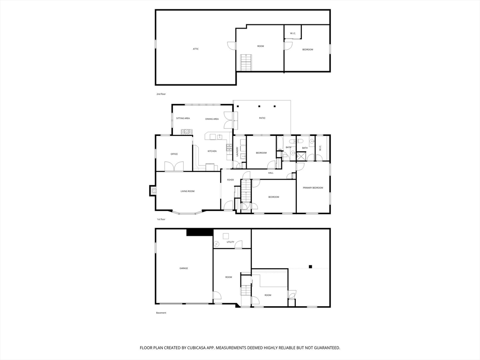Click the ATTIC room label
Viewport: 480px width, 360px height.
pyautogui.click(x=195, y=49)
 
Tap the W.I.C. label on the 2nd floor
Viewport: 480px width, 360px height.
pyautogui.click(x=292, y=33)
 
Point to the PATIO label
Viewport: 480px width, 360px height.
pyautogui.click(x=262, y=118)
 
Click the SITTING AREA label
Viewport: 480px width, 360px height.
pyautogui.click(x=183, y=118)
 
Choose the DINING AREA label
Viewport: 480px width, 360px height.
pyautogui.click(x=212, y=119)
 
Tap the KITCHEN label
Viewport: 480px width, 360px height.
pyautogui.click(x=212, y=151)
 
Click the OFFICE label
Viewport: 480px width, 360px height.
pyautogui.click(x=174, y=154)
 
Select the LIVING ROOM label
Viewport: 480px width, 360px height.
pyautogui.click(x=187, y=191)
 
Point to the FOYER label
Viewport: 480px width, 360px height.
pyautogui.click(x=231, y=180)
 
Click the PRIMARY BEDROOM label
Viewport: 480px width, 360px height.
pyautogui.click(x=313, y=187)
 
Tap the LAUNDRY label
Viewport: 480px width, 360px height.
pyautogui.click(x=238, y=151)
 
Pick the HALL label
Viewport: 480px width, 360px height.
pyautogui.click(x=271, y=173)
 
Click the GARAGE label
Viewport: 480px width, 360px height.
pyautogui.click(x=184, y=268)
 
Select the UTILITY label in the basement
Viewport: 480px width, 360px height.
pyautogui.click(x=230, y=242)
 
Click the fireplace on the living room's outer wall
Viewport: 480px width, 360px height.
pyautogui.click(x=153, y=191)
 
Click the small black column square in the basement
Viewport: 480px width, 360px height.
pyautogui.click(x=310, y=267)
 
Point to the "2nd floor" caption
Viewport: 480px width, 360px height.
pyautogui.click(x=161, y=94)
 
